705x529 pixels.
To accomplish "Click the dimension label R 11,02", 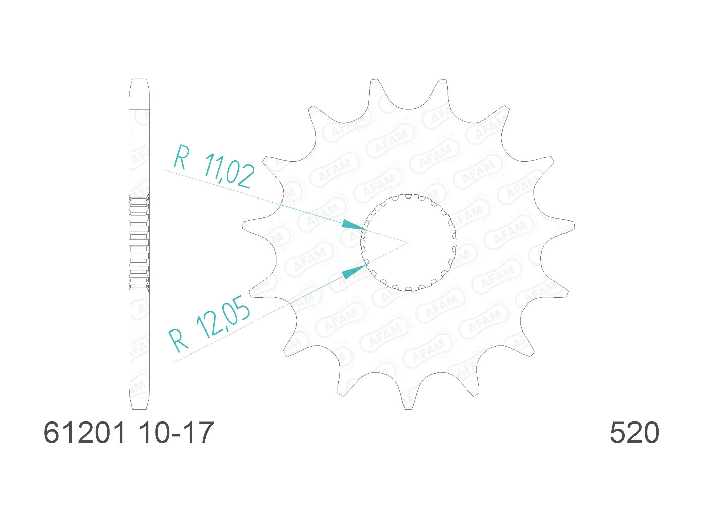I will coord(214,166).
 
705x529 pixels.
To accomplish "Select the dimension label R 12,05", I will coord(209,325).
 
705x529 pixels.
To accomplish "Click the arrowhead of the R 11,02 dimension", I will coord(352,225).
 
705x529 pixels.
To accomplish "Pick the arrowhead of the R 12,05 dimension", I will coord(354,272).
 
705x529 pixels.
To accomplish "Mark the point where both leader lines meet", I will coord(408,242).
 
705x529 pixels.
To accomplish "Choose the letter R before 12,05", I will coord(178,340).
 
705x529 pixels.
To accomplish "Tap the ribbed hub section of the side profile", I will coord(139,242).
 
